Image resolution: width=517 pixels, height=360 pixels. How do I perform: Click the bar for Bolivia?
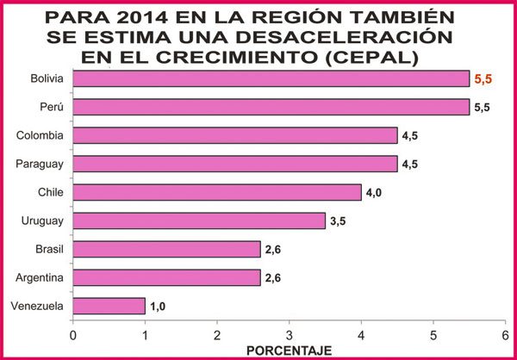pos(271,78)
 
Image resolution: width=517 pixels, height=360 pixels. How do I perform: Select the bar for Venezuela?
pos(109,307)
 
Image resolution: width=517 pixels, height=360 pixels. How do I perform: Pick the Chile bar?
pos(217,192)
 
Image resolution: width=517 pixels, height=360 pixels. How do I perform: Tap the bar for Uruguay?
pos(199,220)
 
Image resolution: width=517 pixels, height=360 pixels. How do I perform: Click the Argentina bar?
pos(166,277)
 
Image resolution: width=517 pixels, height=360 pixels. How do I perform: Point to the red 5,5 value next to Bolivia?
pos(485,78)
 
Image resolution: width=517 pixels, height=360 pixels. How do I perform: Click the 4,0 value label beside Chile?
pos(374,192)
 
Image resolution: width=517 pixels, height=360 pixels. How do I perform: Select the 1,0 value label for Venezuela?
pos(158,307)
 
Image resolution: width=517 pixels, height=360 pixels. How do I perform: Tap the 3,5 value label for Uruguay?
pos(338,220)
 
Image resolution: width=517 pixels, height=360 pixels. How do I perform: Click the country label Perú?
pos(53,107)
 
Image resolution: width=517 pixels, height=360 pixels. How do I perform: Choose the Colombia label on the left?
pos(40,135)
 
